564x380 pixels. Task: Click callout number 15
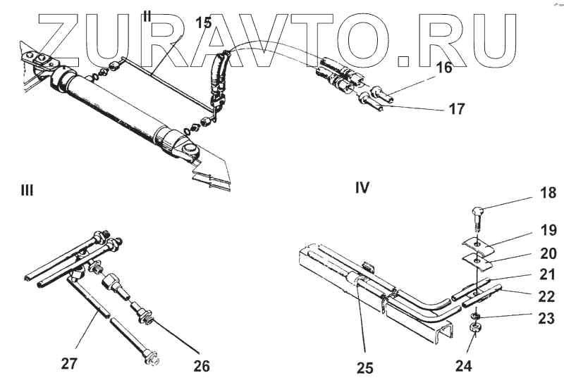[203, 23]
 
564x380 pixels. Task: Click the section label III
[27, 190]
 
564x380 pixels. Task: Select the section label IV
[362, 188]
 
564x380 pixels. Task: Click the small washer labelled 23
[477, 315]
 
